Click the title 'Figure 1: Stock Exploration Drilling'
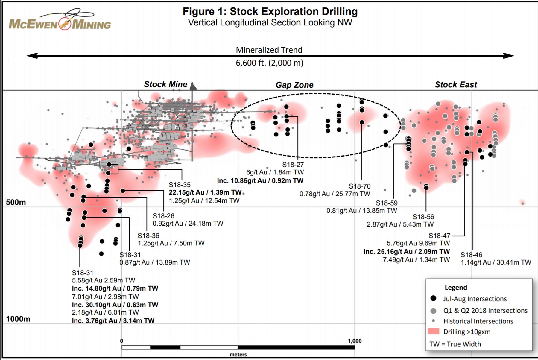[x=270, y=12]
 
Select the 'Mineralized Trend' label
[x=269, y=50]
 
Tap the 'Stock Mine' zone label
[x=165, y=84]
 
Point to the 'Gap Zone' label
[x=294, y=85]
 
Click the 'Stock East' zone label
[x=456, y=85]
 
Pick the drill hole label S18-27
[x=293, y=165]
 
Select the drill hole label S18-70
[x=360, y=186]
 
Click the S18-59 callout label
[x=387, y=203]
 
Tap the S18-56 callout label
[x=423, y=217]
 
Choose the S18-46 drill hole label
[x=471, y=255]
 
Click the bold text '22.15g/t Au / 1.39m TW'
[x=205, y=192]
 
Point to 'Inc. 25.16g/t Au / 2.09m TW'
[x=407, y=252]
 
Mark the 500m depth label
[x=16, y=202]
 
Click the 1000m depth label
[x=18, y=319]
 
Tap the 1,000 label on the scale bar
[x=355, y=341]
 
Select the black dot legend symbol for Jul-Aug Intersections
[x=433, y=298]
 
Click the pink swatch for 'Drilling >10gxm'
[x=433, y=331]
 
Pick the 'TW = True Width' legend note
[x=455, y=344]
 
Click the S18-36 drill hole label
[x=148, y=236]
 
